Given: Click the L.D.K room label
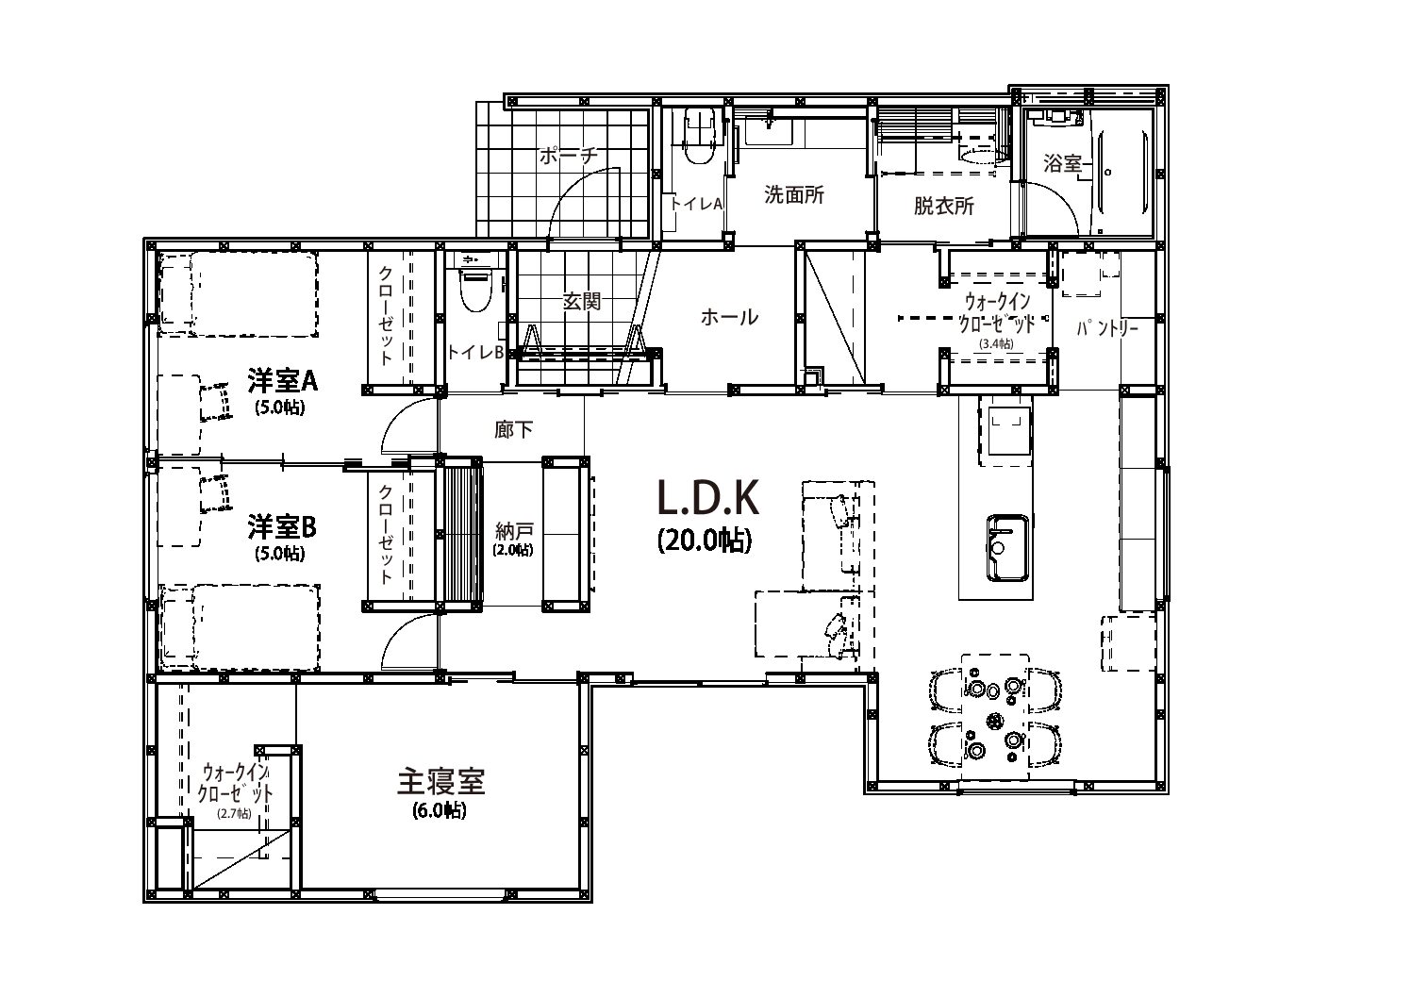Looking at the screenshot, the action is [708, 497].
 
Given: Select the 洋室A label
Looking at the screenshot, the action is [282, 381].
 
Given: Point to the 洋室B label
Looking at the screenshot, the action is [282, 527].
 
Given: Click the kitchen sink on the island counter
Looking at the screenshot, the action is [1007, 548].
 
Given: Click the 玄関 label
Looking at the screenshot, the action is [581, 301].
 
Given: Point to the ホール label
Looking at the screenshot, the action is [729, 317].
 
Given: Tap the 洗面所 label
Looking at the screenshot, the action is [794, 195].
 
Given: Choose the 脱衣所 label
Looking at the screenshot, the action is [944, 206].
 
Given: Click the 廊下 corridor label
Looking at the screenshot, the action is [514, 430].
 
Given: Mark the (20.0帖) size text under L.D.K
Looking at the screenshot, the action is [705, 541].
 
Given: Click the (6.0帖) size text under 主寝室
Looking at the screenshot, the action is [440, 810].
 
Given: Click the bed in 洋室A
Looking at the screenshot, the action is [239, 293].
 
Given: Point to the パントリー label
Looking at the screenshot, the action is [1107, 328].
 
